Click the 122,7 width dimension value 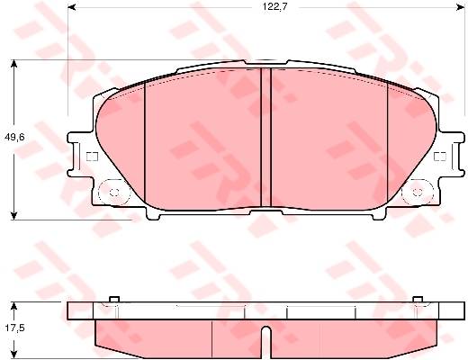[274, 7]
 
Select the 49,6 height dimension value [14, 138]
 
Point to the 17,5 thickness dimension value [14, 328]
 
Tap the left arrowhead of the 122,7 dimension [72, 7]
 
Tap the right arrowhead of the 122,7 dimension [460, 7]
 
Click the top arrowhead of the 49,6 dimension [13, 64]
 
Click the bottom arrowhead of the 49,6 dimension [13, 216]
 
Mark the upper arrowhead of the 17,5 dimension [13, 306]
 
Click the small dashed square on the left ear [92, 157]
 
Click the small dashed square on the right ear [440, 157]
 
